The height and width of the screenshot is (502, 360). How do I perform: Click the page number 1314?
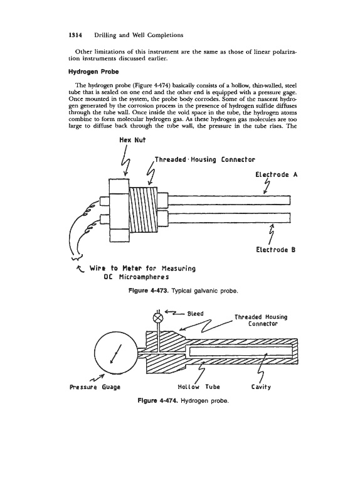click(75, 35)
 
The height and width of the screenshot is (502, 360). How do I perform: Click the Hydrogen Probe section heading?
click(93, 72)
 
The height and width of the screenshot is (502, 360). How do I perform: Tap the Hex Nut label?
click(132, 140)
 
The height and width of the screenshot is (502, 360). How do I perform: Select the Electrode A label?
click(276, 174)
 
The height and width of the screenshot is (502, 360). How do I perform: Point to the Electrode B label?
click(275, 250)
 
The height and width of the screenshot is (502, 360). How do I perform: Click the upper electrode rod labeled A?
click(229, 200)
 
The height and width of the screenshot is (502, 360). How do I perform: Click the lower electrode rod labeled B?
click(229, 218)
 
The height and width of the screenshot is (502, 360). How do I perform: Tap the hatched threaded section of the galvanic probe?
click(143, 210)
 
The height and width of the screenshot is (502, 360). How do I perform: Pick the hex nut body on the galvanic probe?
click(119, 210)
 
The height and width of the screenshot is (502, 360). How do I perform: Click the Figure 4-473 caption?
click(183, 291)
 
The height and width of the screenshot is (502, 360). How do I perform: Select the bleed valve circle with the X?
click(158, 318)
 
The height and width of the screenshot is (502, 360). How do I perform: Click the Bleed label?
click(195, 314)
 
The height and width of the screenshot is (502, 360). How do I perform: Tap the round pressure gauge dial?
click(116, 353)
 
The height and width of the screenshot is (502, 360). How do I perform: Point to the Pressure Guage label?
click(95, 387)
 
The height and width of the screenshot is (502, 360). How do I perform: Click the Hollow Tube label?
click(199, 387)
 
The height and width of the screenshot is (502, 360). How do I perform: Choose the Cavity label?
click(261, 387)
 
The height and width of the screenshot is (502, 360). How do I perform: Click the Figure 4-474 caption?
click(183, 401)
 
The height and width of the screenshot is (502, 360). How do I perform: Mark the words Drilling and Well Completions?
click(139, 35)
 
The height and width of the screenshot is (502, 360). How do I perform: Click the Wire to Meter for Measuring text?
click(142, 269)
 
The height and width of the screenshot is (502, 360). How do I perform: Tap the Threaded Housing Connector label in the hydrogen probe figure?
click(261, 320)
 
